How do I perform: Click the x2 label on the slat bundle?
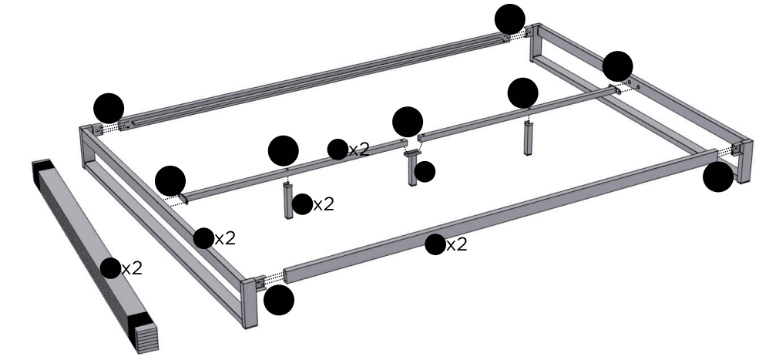click(x=132, y=268)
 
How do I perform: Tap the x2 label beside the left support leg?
click(x=324, y=204)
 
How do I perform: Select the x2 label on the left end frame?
click(x=224, y=238)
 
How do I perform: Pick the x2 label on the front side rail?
click(x=457, y=245)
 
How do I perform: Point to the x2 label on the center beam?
click(x=358, y=150)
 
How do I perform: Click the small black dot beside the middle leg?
click(x=425, y=172)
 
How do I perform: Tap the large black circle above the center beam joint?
click(x=407, y=122)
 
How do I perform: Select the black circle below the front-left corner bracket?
click(x=278, y=300)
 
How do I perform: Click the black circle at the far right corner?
click(x=718, y=177)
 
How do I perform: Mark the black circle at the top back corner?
click(x=509, y=19)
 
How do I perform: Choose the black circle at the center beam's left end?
click(x=170, y=181)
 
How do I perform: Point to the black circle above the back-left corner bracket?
click(x=108, y=108)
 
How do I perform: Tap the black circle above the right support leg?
click(x=523, y=93)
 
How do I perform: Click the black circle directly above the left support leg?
click(x=284, y=150)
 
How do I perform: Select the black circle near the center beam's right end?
click(x=617, y=66)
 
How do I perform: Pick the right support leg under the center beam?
click(x=529, y=139)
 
